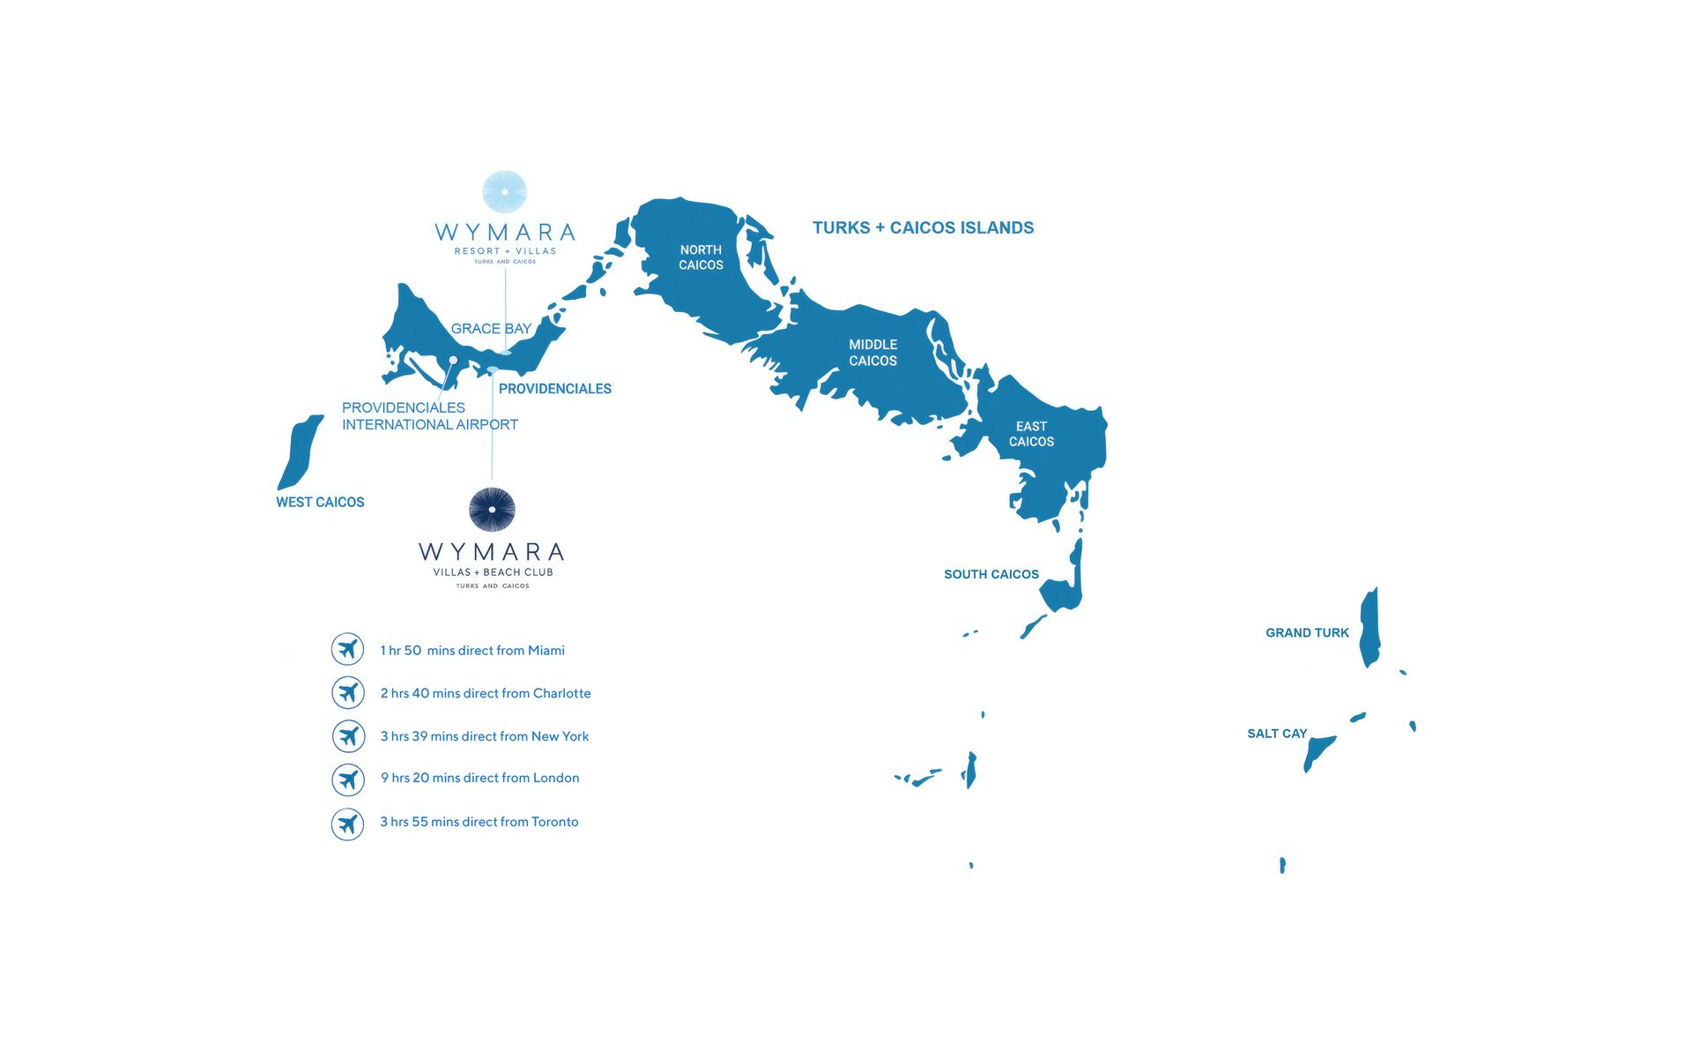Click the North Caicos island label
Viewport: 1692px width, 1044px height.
[x=701, y=257]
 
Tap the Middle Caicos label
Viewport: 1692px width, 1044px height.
[x=872, y=353]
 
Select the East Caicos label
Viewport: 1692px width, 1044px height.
[x=1031, y=434]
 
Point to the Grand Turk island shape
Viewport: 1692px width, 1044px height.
[x=1369, y=628]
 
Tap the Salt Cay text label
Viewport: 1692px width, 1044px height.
[x=1277, y=734]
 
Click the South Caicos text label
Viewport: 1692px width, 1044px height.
[x=991, y=574]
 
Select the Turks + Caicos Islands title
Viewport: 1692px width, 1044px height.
[x=923, y=227]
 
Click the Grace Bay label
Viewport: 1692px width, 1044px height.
[x=491, y=329]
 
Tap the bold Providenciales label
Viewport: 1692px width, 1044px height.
[x=554, y=389]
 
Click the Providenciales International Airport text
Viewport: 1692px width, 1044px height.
[x=429, y=416]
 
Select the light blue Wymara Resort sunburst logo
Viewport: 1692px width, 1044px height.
[x=505, y=192]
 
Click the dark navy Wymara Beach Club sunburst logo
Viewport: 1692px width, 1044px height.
[x=492, y=510]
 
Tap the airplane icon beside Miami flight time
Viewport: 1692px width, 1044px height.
[x=348, y=649]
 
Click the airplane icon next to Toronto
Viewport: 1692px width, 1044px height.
[x=348, y=824]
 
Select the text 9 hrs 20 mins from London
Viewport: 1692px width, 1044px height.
[x=479, y=778]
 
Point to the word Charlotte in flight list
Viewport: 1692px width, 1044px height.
[x=561, y=693]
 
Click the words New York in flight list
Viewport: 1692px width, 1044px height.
[x=560, y=736]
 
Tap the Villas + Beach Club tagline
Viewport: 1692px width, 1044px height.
[x=493, y=572]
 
